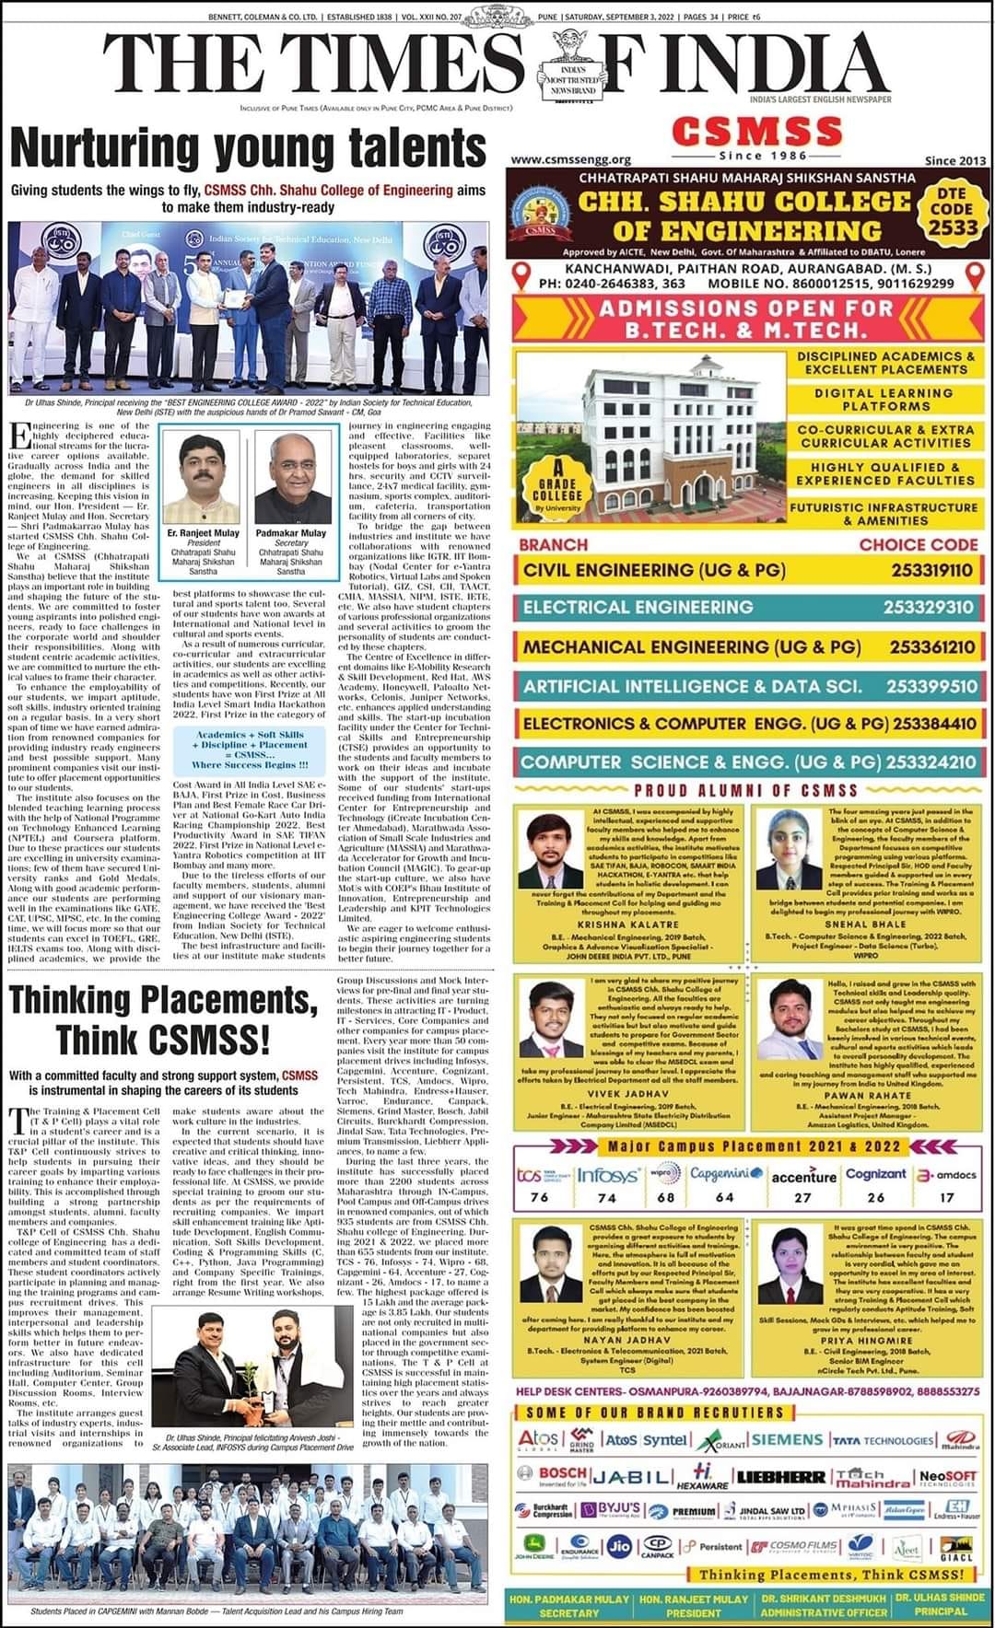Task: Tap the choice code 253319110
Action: point(931,570)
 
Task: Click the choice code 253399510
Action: point(931,686)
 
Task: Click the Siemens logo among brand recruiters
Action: point(786,1439)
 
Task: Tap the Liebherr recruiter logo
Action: point(781,1476)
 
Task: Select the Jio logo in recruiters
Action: point(621,1544)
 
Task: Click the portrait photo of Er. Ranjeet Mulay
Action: point(204,478)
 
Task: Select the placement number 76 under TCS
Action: point(540,1197)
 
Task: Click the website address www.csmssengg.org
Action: point(570,159)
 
